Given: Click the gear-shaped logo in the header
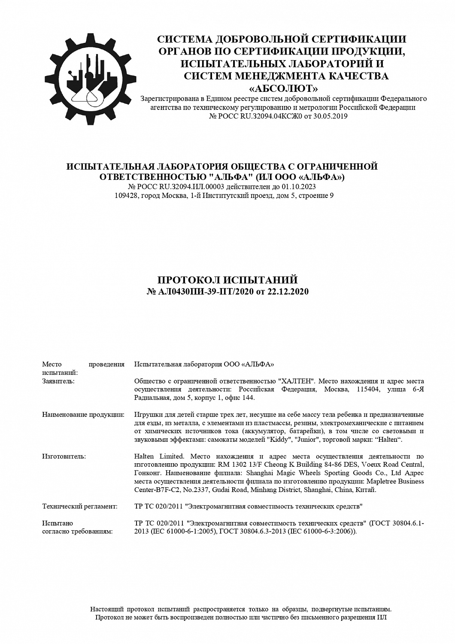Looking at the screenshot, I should (x=87, y=78).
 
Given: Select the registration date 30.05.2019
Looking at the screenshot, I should (x=331, y=116).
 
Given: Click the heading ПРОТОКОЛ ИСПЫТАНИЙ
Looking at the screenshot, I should (x=227, y=280).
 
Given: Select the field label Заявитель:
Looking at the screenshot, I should (x=58, y=381).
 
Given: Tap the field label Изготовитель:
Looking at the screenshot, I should (x=64, y=456).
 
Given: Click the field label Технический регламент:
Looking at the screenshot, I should (x=80, y=507).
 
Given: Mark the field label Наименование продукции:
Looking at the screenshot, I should (x=83, y=415).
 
